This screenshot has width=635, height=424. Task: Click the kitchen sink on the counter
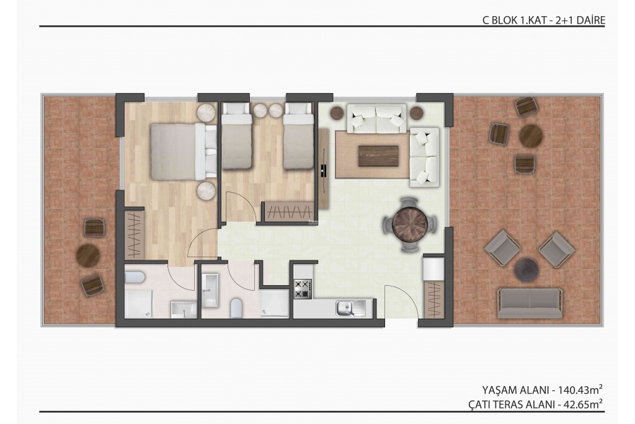point(351,308)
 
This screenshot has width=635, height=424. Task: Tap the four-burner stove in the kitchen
point(303,289)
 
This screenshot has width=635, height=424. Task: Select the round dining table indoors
point(410,224)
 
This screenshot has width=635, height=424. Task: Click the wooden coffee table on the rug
point(378,156)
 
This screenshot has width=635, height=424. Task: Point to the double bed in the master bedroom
point(184,151)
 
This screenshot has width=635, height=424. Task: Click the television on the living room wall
point(324,170)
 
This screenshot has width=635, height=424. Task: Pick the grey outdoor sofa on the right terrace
point(530,303)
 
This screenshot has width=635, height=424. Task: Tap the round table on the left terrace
point(88,255)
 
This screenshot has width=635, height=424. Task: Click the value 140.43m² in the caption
point(580,390)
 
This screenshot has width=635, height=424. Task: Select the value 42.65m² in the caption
point(583,404)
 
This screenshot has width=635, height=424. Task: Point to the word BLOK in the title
point(504,20)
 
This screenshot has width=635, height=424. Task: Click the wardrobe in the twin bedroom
point(289,211)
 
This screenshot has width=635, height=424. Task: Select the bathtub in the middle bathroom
point(210,290)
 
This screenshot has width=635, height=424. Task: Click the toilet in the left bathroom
point(135,278)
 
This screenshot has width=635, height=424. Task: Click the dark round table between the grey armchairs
point(526,269)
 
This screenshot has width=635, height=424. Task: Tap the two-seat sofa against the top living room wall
point(376,118)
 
